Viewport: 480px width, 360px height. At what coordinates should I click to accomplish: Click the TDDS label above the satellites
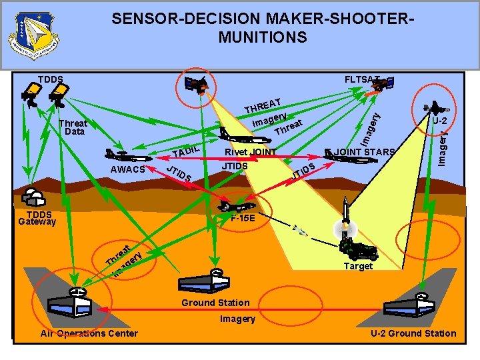coord(50,80)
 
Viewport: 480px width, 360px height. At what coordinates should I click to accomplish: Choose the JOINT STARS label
coord(366,152)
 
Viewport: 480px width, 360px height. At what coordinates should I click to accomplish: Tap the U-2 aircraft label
coord(439,121)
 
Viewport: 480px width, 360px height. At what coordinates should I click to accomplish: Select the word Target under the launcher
coord(359,267)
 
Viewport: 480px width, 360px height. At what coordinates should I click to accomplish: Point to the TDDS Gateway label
coord(37,218)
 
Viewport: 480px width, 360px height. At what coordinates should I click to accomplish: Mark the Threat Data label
coord(73,127)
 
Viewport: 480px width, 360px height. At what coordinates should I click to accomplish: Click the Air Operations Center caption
coord(89,333)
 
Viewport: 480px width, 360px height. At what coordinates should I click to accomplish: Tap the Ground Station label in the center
coord(216,303)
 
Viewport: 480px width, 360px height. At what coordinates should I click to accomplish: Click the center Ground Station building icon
coord(216,281)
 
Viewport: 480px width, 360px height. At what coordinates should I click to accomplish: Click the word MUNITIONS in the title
coord(263,37)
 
